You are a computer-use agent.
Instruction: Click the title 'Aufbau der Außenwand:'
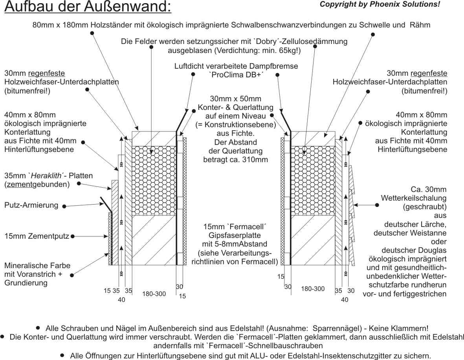pyautogui.click(x=88, y=7)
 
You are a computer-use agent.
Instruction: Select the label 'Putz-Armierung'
pyautogui.click(x=31, y=205)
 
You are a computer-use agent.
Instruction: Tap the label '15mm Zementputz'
pyautogui.click(x=37, y=236)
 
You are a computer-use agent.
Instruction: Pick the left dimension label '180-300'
pyautogui.click(x=154, y=294)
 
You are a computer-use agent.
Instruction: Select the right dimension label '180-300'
pyautogui.click(x=313, y=289)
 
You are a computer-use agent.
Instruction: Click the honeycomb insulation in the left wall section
pyautogui.click(x=154, y=181)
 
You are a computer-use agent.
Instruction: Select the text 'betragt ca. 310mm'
pyautogui.click(x=235, y=159)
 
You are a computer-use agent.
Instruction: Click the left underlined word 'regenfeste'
pyautogui.click(x=47, y=73)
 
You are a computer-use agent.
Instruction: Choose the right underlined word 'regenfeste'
pyautogui.click(x=429, y=73)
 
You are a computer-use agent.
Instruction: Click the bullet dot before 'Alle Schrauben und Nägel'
pyautogui.click(x=38, y=327)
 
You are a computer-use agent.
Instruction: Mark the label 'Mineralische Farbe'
pyautogui.click(x=37, y=266)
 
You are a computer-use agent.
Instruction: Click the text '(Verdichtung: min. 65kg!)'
pyautogui.click(x=235, y=50)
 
